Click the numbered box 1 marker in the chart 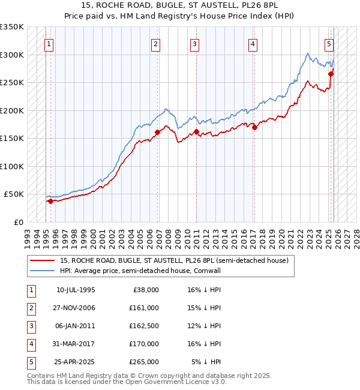click(49, 44)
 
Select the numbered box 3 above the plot click(195, 44)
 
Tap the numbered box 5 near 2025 click(329, 44)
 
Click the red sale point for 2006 click(158, 132)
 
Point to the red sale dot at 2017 click(254, 127)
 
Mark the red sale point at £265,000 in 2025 click(331, 74)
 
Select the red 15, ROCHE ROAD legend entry click(174, 260)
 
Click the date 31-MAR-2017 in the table click(76, 344)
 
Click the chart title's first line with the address click(179, 5)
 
